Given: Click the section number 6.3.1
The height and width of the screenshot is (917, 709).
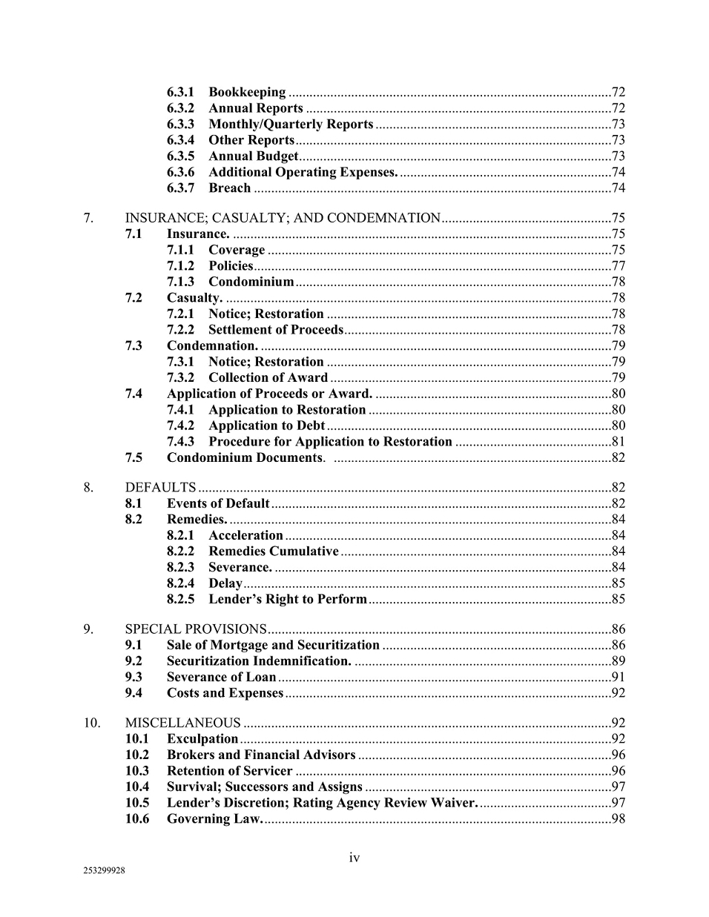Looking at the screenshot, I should (180, 93).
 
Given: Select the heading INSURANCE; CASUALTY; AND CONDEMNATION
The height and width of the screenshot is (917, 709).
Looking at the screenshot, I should (283, 218).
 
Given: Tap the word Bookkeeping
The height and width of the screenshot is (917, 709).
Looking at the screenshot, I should (247, 93).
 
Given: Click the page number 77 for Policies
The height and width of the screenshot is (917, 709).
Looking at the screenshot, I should (618, 266).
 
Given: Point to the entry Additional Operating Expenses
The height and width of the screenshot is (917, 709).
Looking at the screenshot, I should (303, 172).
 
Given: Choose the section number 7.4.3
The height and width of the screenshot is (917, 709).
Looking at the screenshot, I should (180, 442).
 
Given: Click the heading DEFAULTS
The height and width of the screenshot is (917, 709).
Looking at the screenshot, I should (160, 488).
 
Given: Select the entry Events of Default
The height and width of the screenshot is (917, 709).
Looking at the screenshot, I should (218, 504).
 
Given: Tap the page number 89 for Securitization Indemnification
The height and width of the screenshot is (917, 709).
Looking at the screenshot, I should (618, 661).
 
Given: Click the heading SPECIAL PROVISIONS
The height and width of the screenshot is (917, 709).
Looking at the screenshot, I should (196, 629).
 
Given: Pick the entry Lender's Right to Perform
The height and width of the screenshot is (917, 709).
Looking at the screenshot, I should (288, 599).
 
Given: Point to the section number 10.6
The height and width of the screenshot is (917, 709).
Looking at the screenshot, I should (137, 819).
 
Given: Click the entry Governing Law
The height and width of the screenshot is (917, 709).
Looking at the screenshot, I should (214, 819).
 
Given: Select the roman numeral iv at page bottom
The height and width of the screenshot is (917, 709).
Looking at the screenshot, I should (354, 858).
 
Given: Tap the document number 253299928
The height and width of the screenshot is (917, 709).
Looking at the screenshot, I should (105, 871).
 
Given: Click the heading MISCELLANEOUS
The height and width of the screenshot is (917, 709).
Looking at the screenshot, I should (182, 723).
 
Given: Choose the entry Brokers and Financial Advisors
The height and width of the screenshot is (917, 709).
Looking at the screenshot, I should (261, 755).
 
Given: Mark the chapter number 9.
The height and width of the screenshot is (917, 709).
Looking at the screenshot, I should (88, 629).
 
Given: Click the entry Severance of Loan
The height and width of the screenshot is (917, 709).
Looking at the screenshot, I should (221, 677).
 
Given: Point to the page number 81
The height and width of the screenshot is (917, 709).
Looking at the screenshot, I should (618, 442).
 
